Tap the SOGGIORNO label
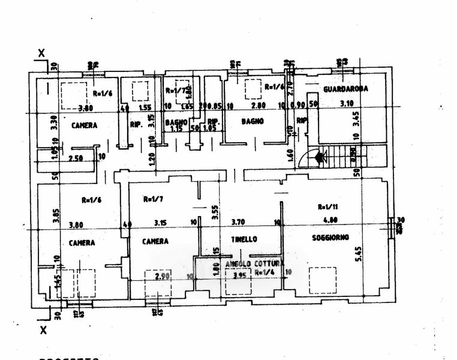click(330, 238)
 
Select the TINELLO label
click(244, 239)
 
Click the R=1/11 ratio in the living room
click(327, 206)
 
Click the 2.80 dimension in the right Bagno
click(258, 105)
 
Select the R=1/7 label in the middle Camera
click(154, 199)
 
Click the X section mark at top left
click(41, 53)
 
